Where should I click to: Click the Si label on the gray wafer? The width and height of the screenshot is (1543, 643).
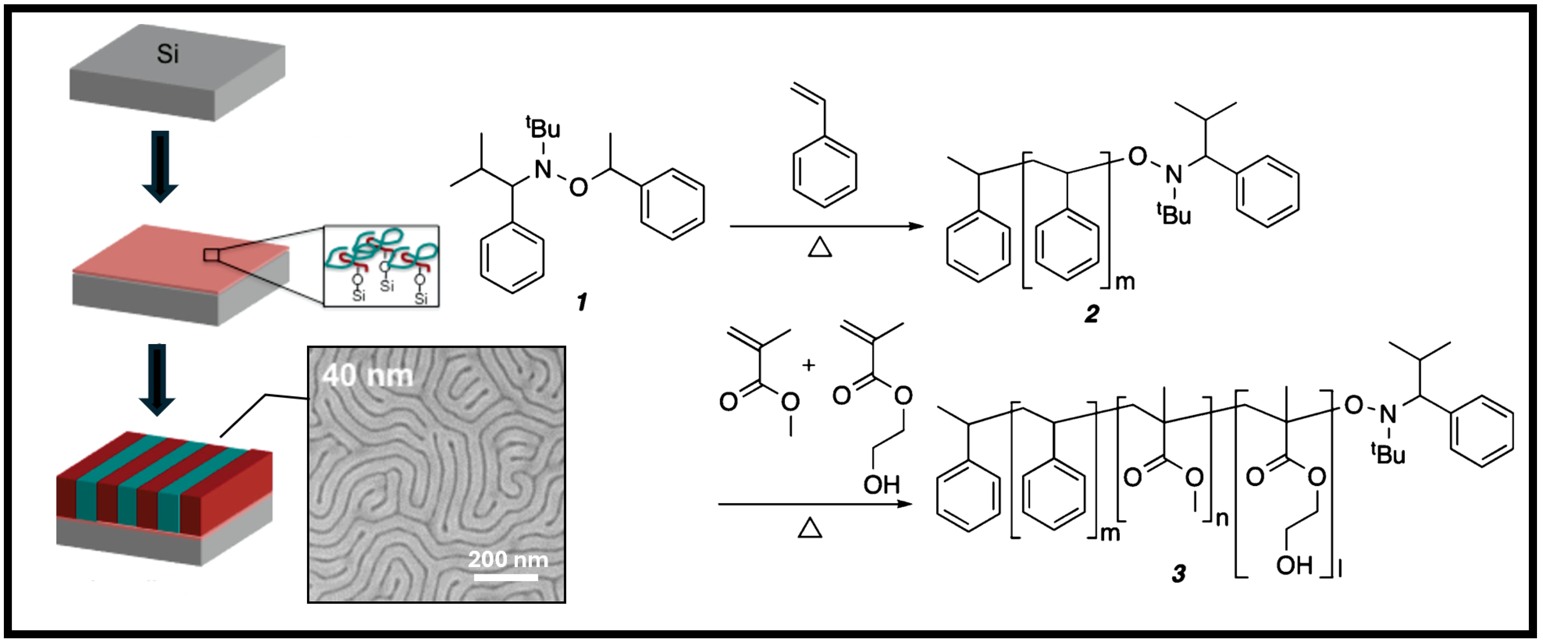[168, 54]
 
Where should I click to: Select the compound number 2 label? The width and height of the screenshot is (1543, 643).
[1091, 314]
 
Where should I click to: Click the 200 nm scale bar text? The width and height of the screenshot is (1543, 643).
[507, 559]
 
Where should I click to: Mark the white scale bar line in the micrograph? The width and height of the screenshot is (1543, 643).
[506, 577]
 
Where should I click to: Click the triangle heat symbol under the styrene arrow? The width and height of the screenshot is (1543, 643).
[820, 247]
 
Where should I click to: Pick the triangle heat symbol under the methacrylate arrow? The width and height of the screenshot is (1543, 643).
[810, 528]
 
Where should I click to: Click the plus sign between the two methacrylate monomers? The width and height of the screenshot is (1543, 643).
[809, 365]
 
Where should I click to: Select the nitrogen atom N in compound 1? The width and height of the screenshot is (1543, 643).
[543, 169]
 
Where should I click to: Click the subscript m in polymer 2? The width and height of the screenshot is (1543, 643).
[1125, 281]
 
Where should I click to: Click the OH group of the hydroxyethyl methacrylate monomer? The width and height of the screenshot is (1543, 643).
[881, 484]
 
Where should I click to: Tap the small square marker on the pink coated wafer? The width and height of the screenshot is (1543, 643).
[211, 255]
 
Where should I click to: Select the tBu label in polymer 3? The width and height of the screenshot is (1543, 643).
[1388, 453]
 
